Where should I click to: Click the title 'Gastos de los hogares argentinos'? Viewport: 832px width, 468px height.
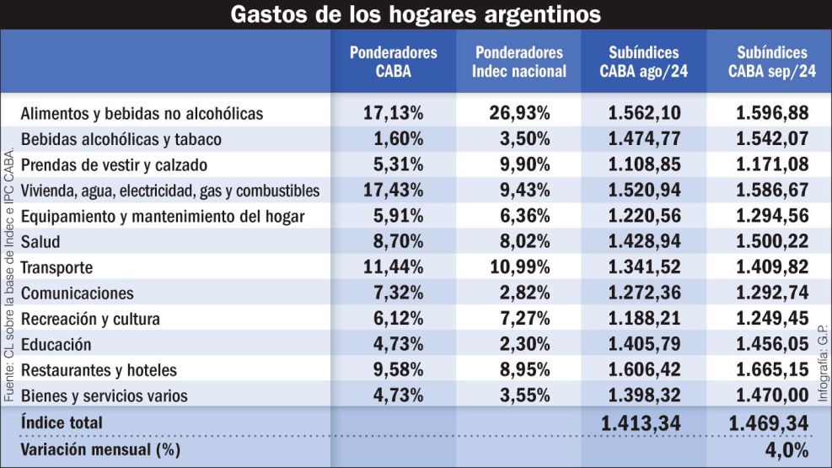pos(416,14)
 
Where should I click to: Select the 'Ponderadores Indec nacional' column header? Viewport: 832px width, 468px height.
pos(519,62)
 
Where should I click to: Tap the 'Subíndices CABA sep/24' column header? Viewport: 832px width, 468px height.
pos(771,62)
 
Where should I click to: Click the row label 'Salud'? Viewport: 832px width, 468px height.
pos(40,242)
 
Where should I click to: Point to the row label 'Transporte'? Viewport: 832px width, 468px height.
pos(56,268)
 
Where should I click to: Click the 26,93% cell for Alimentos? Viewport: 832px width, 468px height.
pos(519,113)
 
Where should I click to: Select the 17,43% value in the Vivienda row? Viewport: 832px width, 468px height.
pos(394,191)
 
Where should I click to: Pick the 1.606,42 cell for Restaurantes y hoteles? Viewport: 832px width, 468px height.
pos(644,369)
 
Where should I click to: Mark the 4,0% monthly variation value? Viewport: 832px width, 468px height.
pos(787,449)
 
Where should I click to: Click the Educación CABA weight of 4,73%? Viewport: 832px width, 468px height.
pos(394,344)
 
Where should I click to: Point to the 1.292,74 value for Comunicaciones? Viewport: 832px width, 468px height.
pos(771,293)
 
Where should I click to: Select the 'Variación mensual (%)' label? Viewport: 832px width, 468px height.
pos(100,449)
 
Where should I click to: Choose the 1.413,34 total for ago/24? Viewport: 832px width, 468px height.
pos(644,422)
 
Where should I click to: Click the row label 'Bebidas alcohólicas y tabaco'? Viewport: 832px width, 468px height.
pos(121,139)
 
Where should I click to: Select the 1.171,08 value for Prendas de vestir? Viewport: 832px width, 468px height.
pos(771,164)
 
